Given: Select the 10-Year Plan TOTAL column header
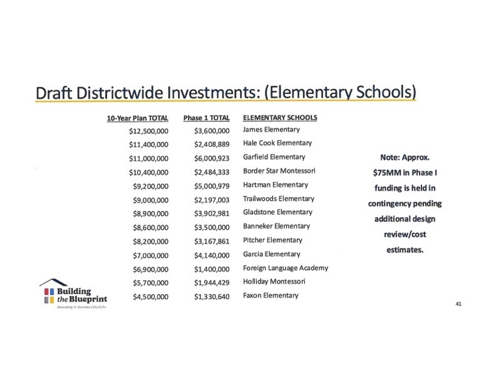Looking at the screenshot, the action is (137, 118).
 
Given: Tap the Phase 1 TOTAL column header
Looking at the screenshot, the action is (207, 118).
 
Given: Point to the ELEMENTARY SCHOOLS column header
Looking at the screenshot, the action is (279, 117).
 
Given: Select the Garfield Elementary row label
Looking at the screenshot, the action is (274, 157).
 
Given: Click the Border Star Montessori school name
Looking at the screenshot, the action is (279, 171).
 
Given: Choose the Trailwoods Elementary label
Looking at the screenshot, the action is (278, 198).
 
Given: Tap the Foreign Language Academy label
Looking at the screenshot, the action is (285, 268).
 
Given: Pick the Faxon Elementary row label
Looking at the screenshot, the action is (271, 295).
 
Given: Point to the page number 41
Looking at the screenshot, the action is (459, 304).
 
